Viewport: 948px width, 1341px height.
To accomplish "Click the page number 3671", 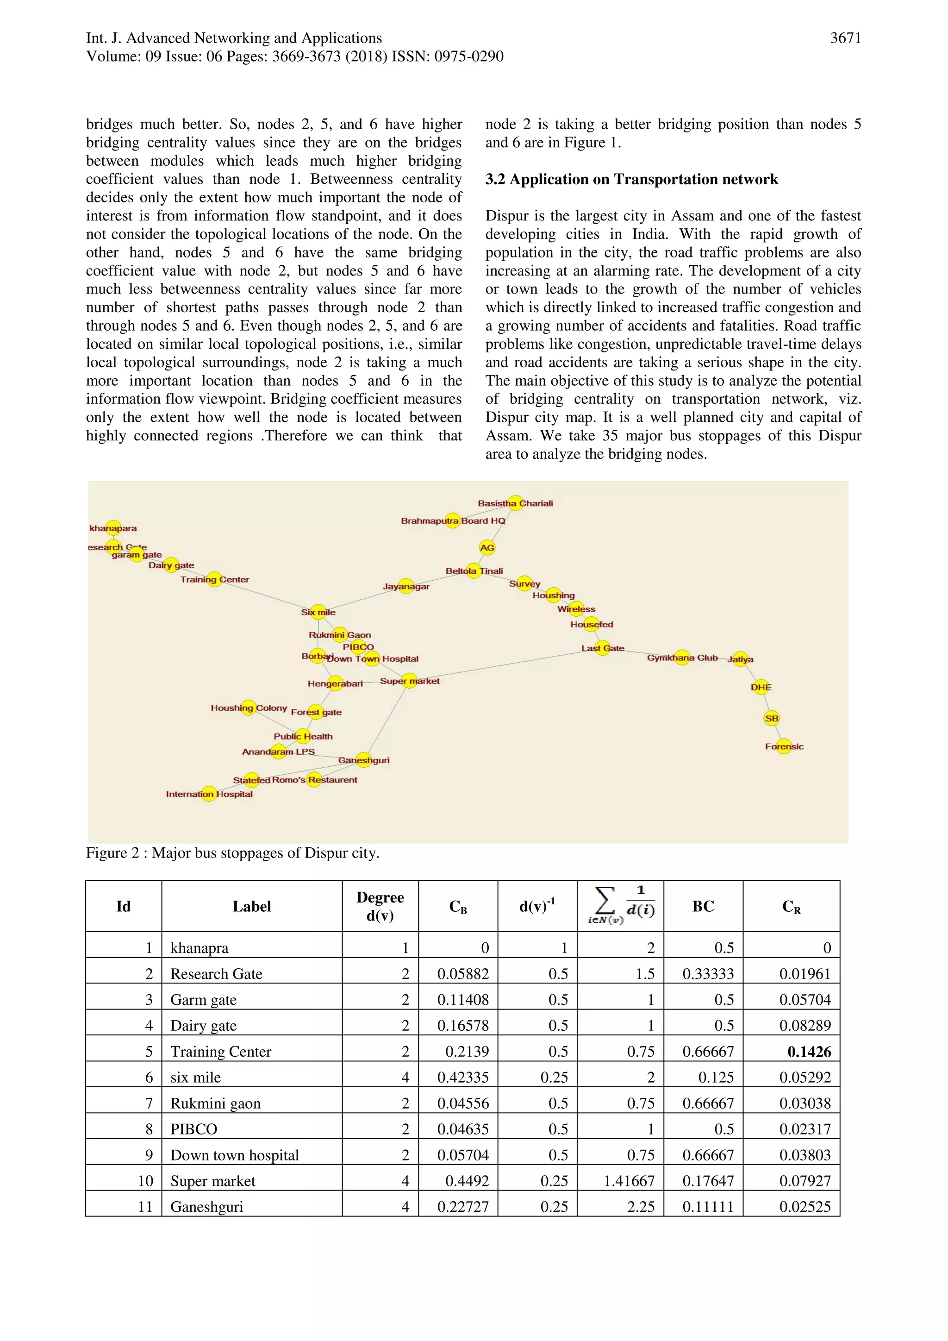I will click(845, 38).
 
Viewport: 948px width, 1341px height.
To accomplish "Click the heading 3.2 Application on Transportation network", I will click(631, 179).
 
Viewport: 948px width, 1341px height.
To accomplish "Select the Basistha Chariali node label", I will click(515, 503).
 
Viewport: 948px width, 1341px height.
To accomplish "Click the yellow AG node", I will click(487, 547).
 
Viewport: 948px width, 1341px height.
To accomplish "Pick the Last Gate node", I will click(602, 648).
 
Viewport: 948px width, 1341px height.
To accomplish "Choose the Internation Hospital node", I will click(209, 794).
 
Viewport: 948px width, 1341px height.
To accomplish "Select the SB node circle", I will click(771, 718).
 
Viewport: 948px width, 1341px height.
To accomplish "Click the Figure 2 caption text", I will click(232, 853).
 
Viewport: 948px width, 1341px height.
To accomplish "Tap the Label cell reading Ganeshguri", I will click(206, 1207).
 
